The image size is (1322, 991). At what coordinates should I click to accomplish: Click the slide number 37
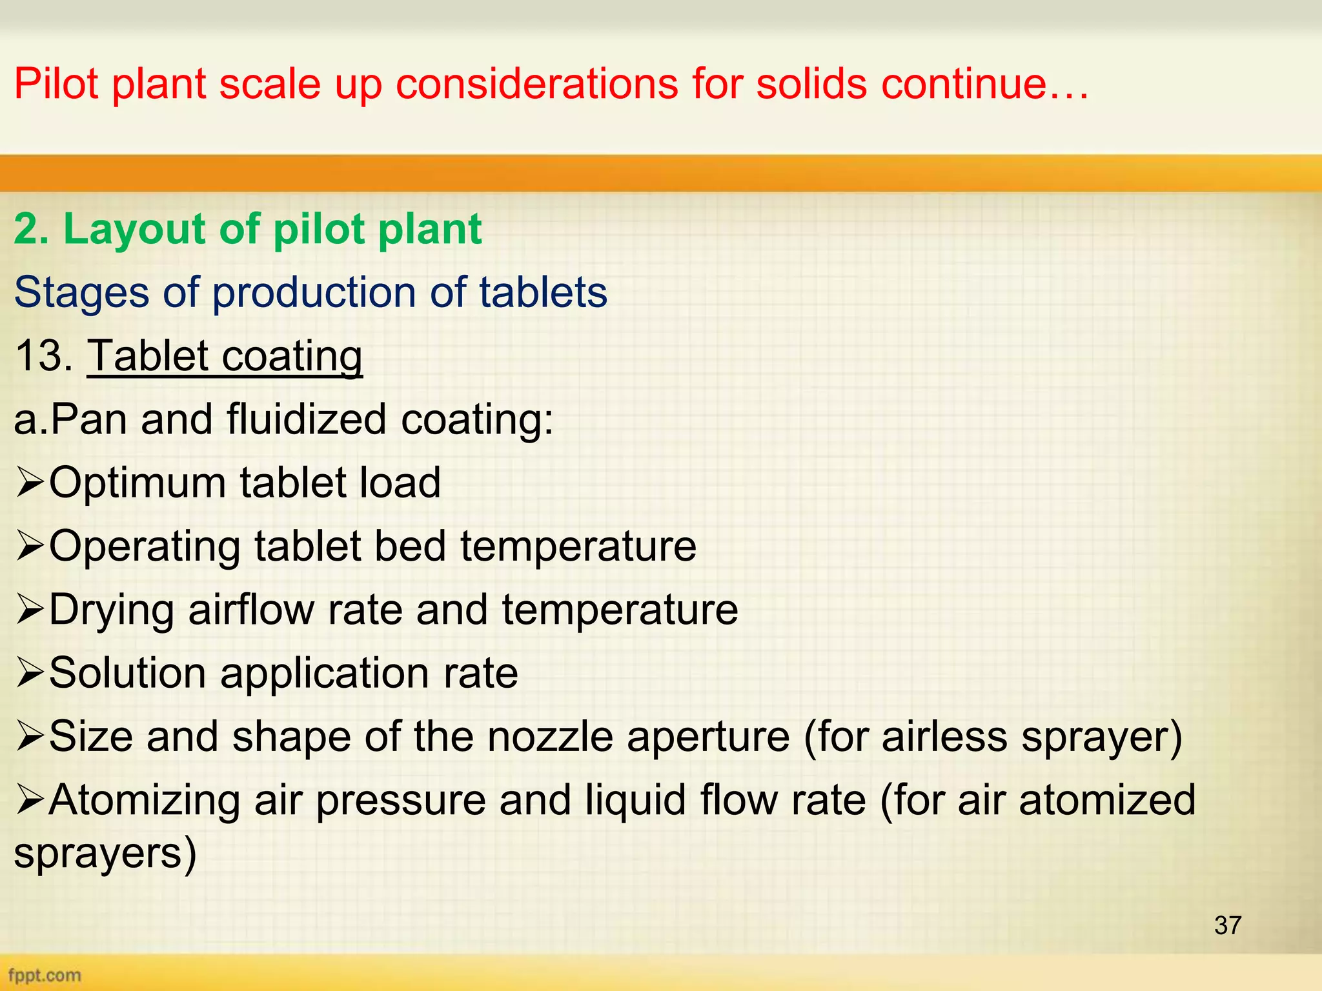pyautogui.click(x=1227, y=925)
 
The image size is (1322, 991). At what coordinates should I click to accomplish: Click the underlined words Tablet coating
pyautogui.click(x=225, y=356)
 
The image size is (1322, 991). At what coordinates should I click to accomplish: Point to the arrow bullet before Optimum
pyautogui.click(x=29, y=483)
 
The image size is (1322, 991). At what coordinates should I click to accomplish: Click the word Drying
pyautogui.click(x=111, y=610)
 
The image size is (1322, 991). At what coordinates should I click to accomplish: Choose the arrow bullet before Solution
pyautogui.click(x=29, y=673)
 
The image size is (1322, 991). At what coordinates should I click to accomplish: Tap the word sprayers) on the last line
pyautogui.click(x=105, y=853)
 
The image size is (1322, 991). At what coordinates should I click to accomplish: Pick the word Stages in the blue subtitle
pyautogui.click(x=82, y=293)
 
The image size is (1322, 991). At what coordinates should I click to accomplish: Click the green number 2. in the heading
pyautogui.click(x=31, y=229)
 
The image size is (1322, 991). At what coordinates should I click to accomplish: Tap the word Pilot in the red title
pyautogui.click(x=56, y=84)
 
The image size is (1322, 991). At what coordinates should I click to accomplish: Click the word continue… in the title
pyautogui.click(x=985, y=84)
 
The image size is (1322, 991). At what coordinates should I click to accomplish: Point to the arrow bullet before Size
pyautogui.click(x=29, y=736)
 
